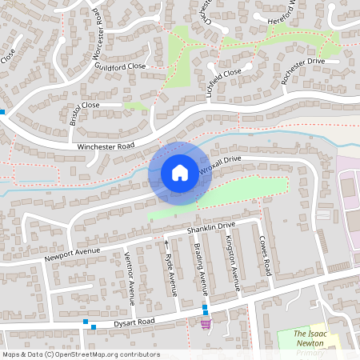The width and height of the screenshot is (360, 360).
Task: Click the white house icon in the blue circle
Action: pos(180,173)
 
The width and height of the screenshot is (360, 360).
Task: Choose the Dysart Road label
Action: pos(133,321)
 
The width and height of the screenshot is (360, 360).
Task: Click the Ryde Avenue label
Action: pos(170,274)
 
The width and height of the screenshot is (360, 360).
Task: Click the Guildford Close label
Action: pos(120,67)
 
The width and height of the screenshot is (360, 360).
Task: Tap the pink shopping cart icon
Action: pos(206,323)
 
